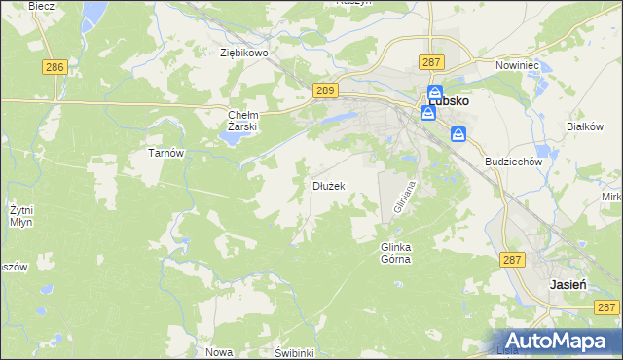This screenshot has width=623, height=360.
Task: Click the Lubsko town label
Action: [450, 100]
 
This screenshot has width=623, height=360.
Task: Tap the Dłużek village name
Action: [328, 185]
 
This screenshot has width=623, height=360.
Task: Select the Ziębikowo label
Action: [243, 54]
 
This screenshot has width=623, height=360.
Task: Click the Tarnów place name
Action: [165, 154]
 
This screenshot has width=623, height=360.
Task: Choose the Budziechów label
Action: [512, 162]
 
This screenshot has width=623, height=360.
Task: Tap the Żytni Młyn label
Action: [21, 216]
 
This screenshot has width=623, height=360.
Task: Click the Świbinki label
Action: [293, 352]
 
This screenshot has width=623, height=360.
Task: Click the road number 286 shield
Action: [55, 67]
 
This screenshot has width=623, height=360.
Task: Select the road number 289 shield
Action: [326, 90]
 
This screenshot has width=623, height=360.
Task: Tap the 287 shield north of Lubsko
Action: [433, 61]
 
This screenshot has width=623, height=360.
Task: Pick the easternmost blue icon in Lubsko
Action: [458, 134]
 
